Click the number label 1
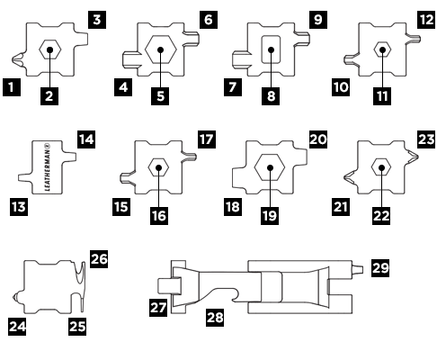(x=12, y=87)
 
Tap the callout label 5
(x=160, y=96)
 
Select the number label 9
(x=318, y=20)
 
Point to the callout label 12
(x=426, y=20)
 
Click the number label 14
(x=86, y=139)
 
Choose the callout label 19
(x=270, y=216)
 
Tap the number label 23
(x=426, y=139)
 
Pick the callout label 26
(x=99, y=259)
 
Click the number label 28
(x=215, y=317)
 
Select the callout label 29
(x=380, y=267)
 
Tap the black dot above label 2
(x=50, y=49)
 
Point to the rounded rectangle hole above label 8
(x=271, y=49)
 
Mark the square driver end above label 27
(x=169, y=285)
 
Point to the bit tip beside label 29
(x=358, y=270)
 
